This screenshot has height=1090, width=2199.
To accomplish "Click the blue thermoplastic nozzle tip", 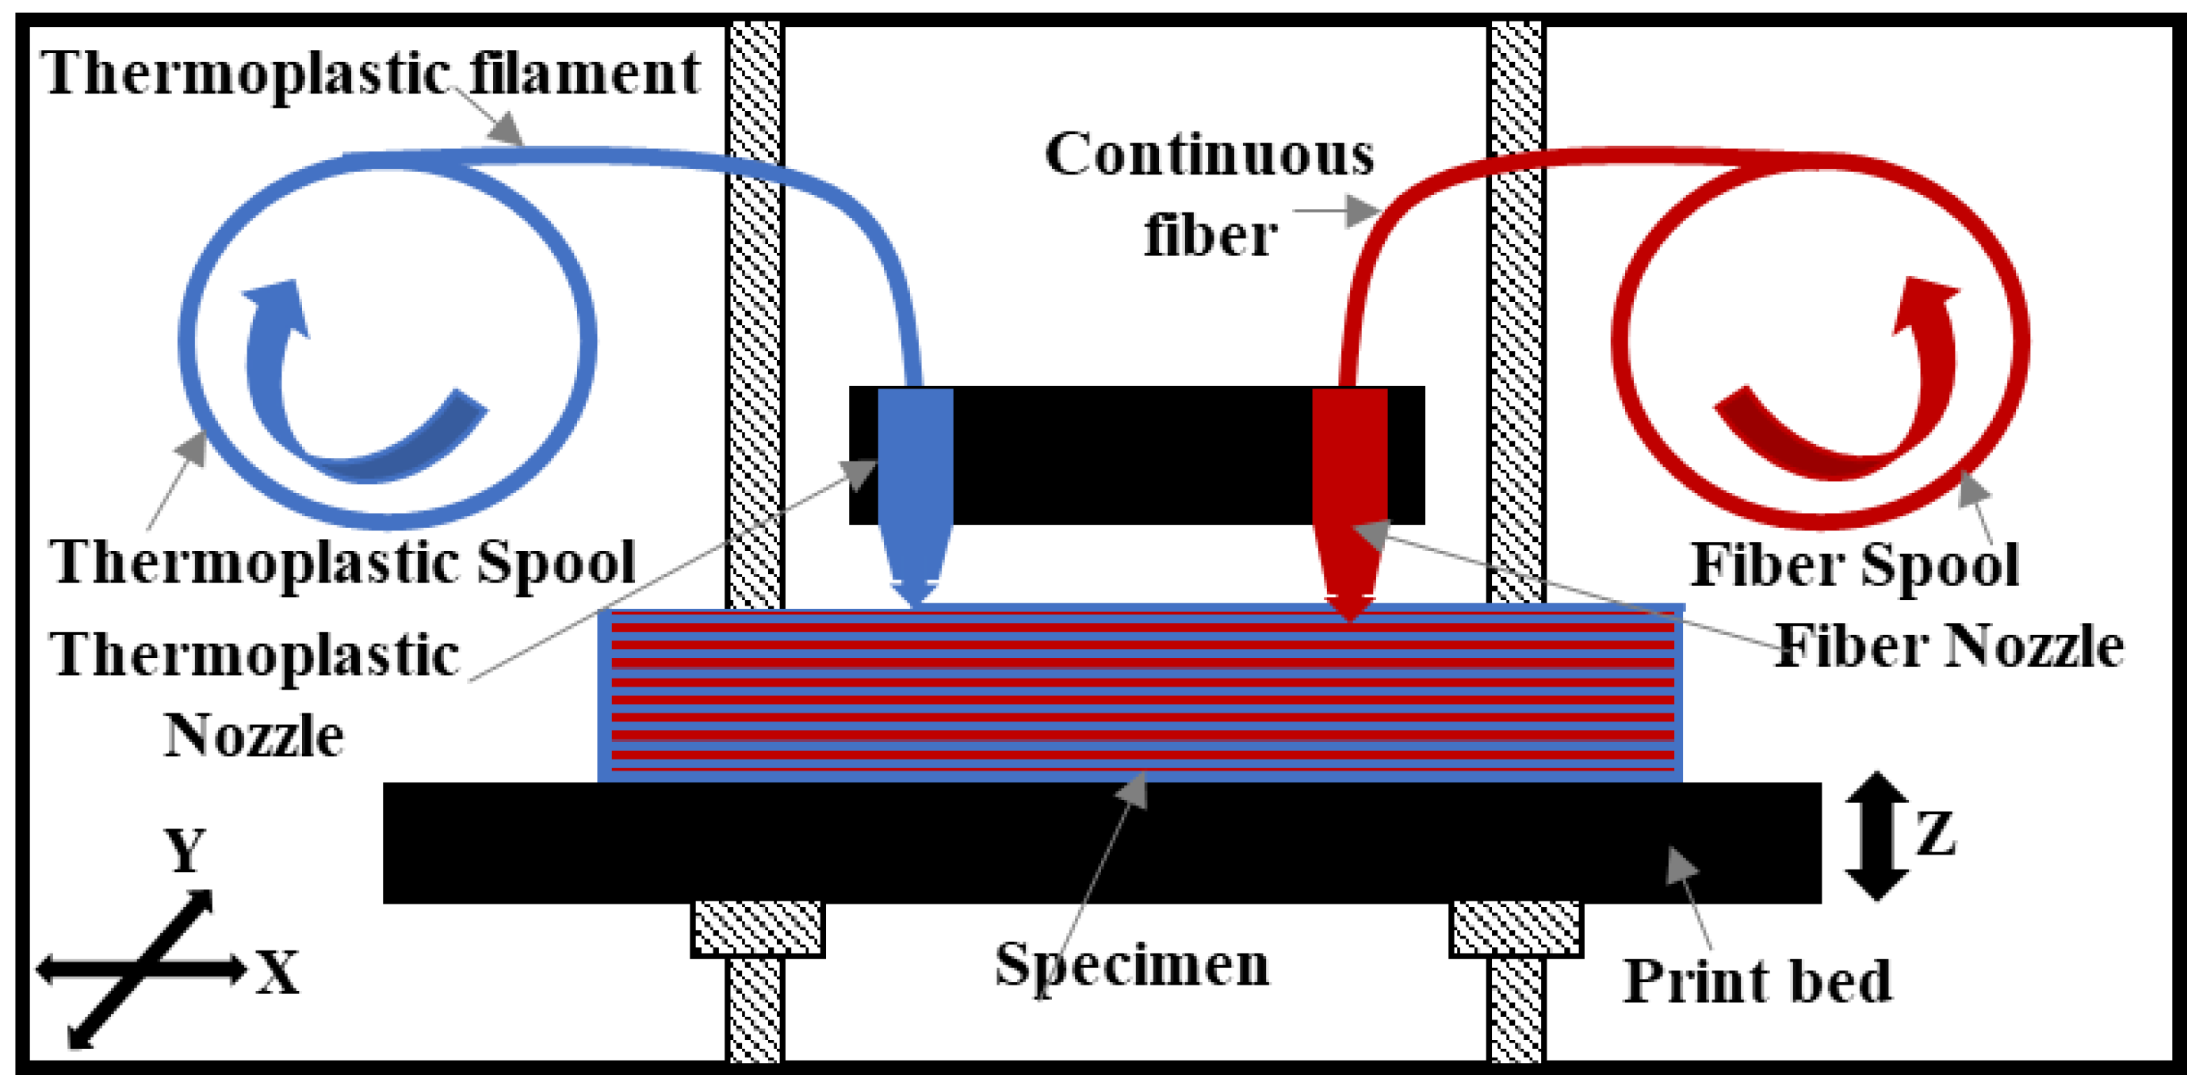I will point(914,593).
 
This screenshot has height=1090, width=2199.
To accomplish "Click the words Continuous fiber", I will point(1210,194).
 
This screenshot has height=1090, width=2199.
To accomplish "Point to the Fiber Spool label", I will point(1854,565).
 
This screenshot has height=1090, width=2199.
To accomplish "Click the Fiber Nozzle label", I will point(1949,646).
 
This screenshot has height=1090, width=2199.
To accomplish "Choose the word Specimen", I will point(1131,965).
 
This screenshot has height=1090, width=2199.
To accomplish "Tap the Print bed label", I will point(1757,981).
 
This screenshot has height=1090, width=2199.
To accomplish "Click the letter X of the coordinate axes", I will point(278,973).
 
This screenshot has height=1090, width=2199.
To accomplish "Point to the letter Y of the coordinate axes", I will point(185,851).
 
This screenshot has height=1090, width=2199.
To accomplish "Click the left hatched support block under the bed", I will point(757,928).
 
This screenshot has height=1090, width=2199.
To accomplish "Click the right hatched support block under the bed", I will point(1515,928).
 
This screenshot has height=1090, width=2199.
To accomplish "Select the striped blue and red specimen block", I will point(1140,693).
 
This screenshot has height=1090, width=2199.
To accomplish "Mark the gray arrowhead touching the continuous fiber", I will point(1363,211).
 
